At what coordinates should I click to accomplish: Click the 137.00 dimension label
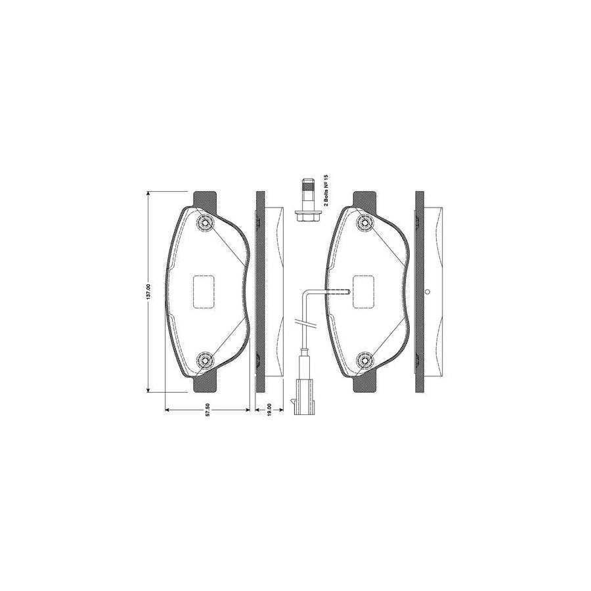pos(148,292)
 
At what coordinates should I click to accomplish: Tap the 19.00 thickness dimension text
pos(269,410)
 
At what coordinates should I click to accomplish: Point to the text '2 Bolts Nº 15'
pos(326,190)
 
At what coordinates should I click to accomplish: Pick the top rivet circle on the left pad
pos(205,223)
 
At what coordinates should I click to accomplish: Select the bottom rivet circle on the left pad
pos(205,361)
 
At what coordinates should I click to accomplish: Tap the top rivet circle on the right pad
pos(364,223)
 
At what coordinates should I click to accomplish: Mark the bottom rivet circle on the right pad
pos(364,361)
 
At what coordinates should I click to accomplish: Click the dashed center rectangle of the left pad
pos(204,292)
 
